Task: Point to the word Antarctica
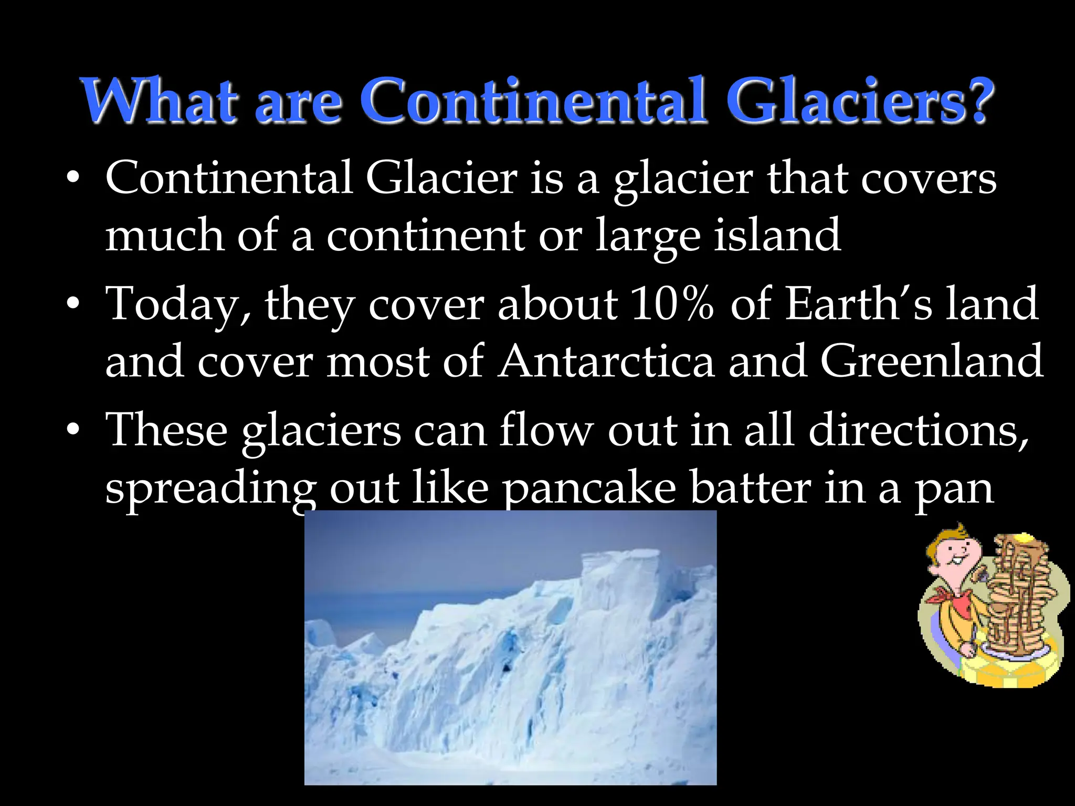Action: pyautogui.click(x=606, y=362)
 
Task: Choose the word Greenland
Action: pyautogui.click(x=931, y=362)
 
